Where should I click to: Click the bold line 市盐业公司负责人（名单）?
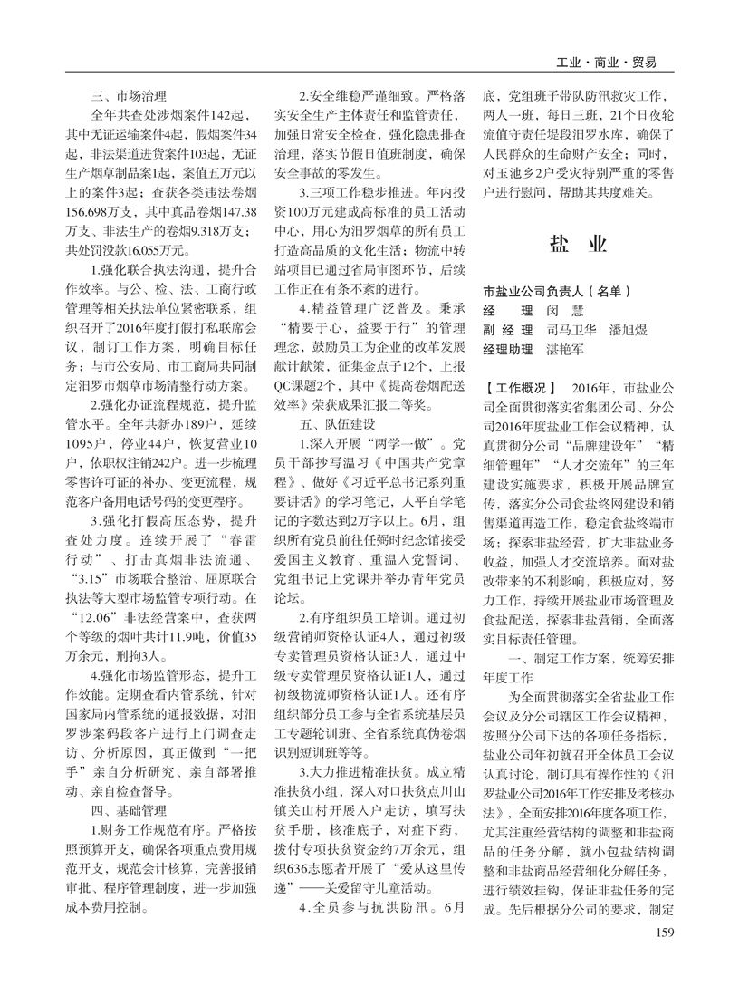click(x=555, y=291)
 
